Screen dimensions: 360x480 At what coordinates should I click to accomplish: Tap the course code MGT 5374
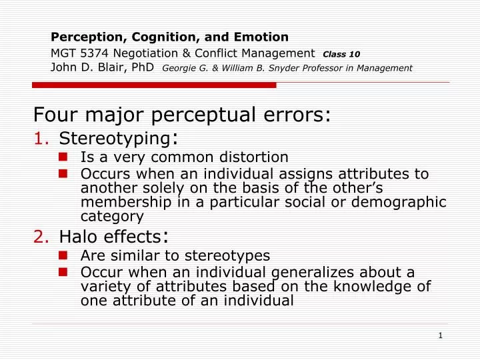coord(81,53)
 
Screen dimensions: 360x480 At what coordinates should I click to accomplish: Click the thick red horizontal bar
coord(154,85)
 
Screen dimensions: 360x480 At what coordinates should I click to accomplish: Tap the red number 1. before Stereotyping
coord(41,139)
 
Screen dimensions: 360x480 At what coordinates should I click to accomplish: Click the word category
coord(111,216)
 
